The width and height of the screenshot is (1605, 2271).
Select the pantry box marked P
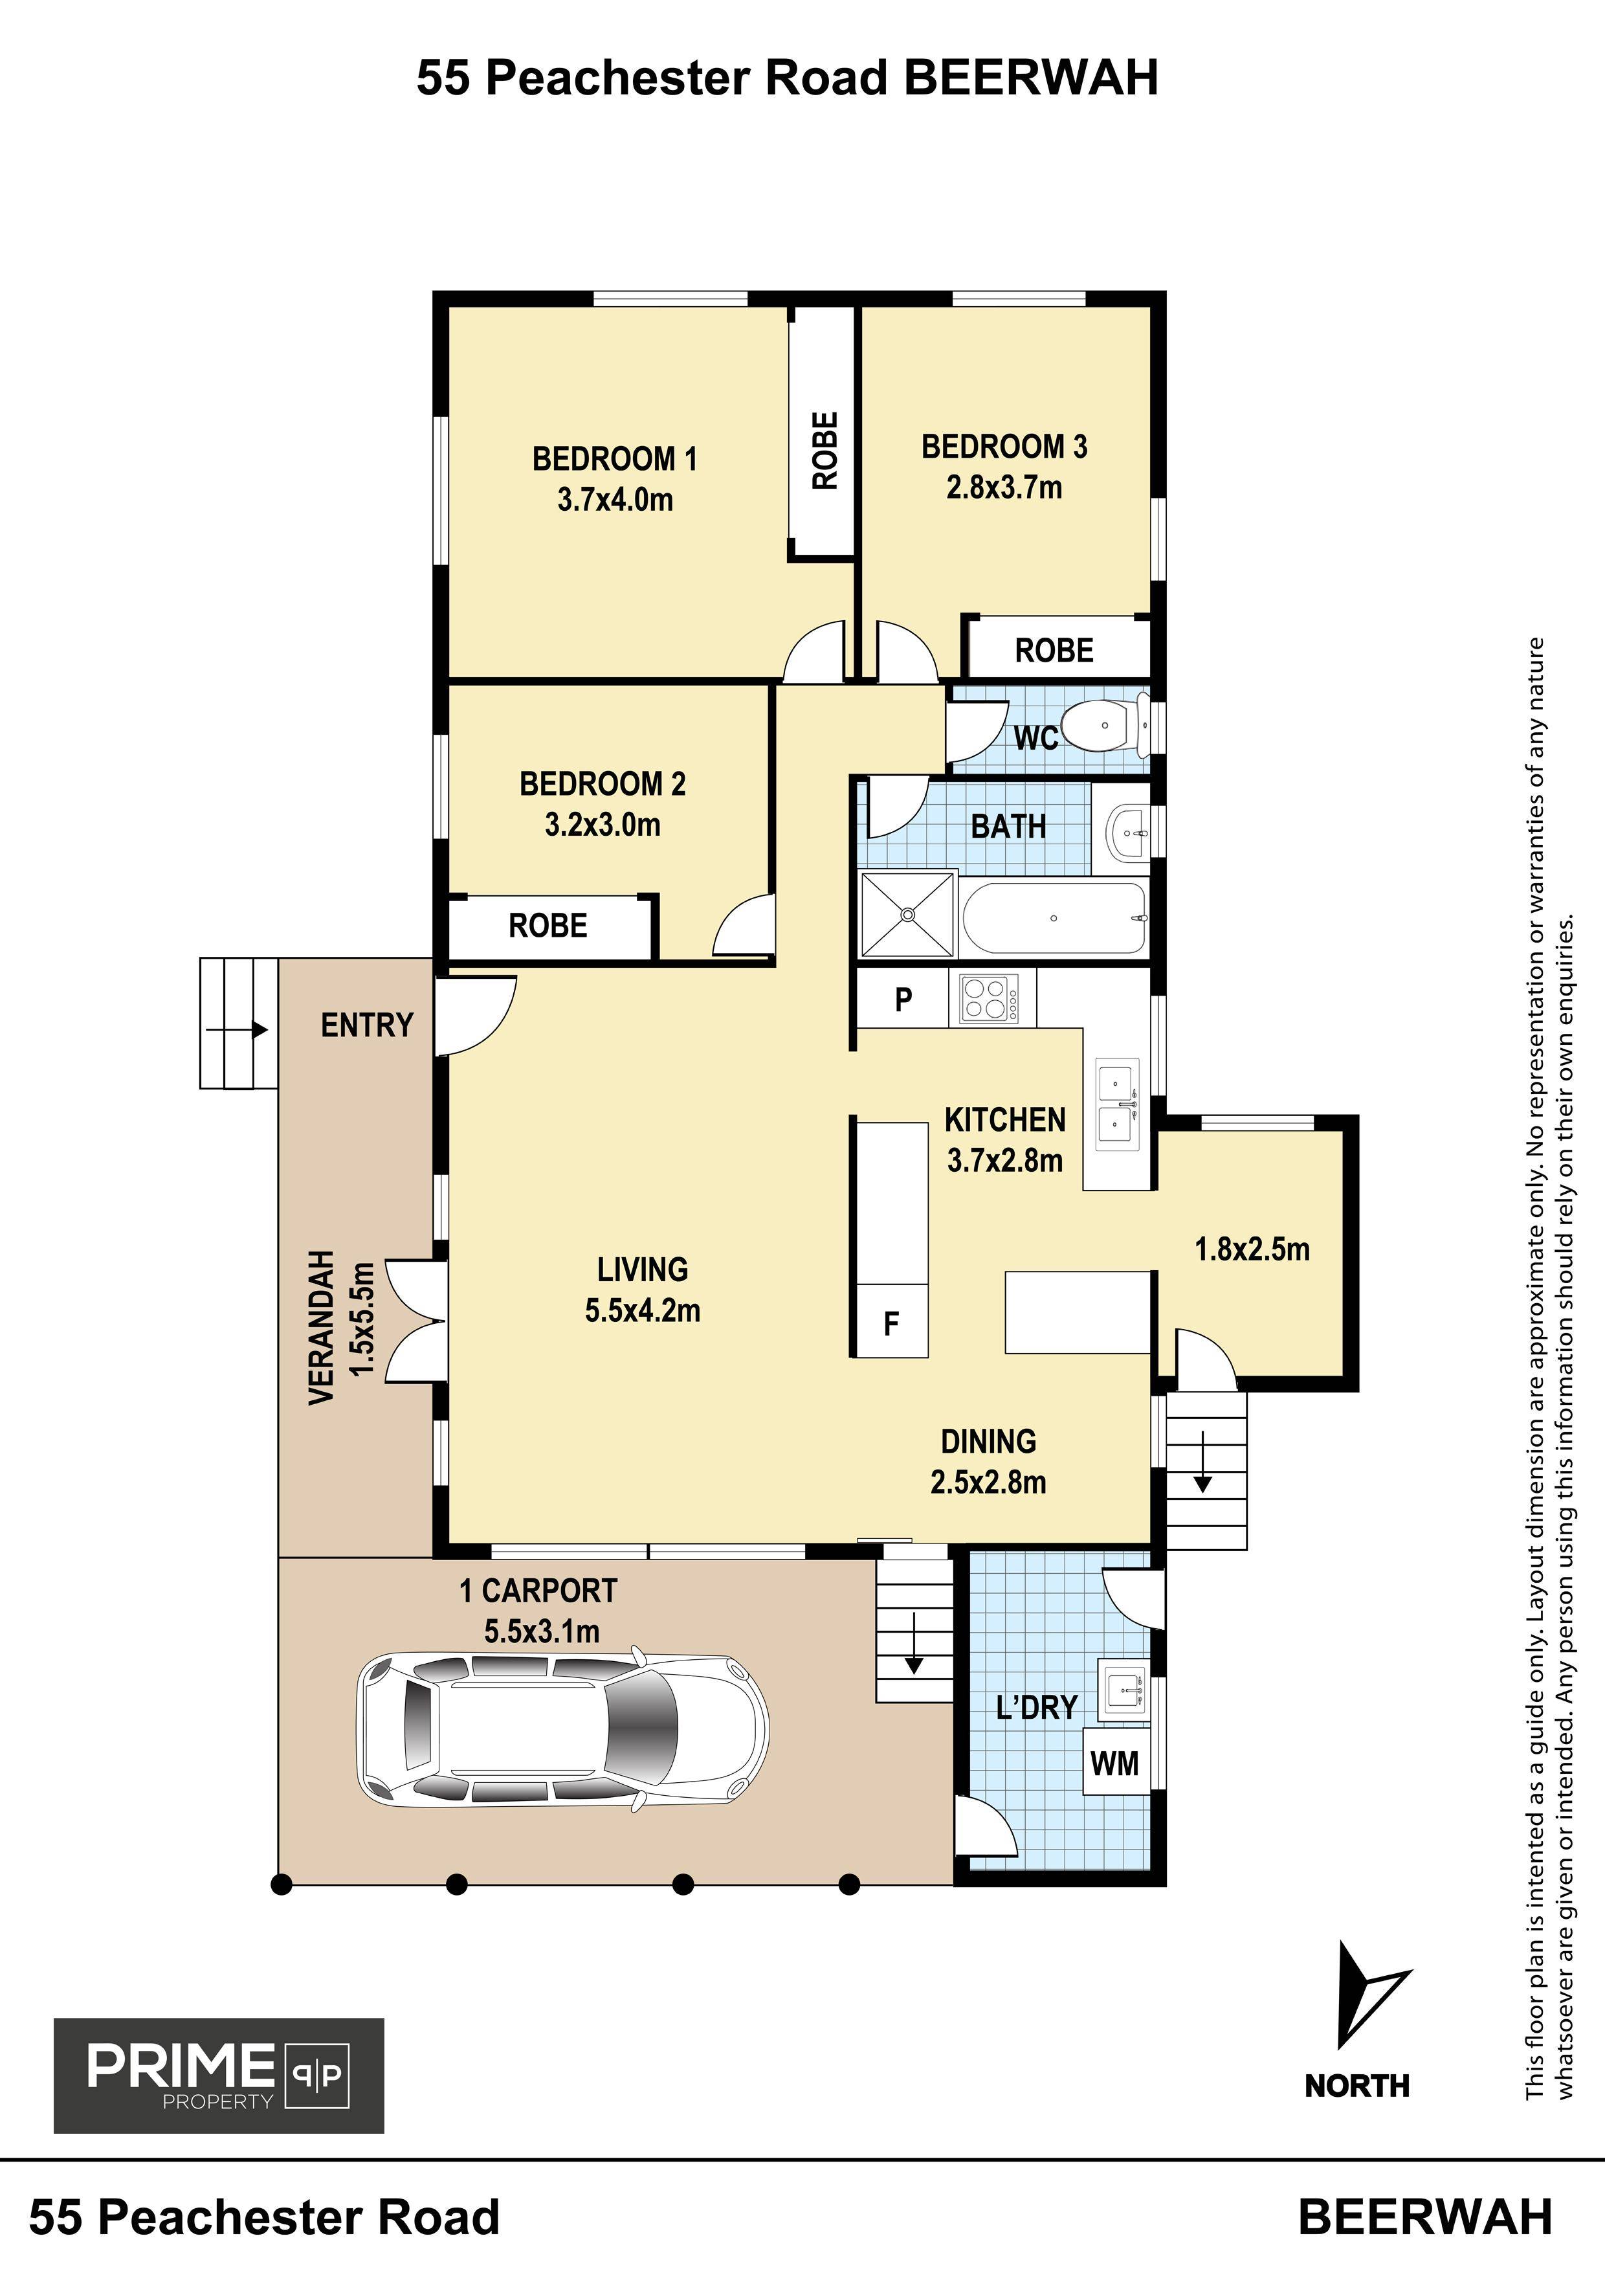[903, 999]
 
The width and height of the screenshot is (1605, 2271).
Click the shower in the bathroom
[909, 915]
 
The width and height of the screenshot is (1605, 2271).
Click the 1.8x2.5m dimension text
[1252, 1249]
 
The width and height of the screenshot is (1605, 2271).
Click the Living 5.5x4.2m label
[643, 1290]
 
